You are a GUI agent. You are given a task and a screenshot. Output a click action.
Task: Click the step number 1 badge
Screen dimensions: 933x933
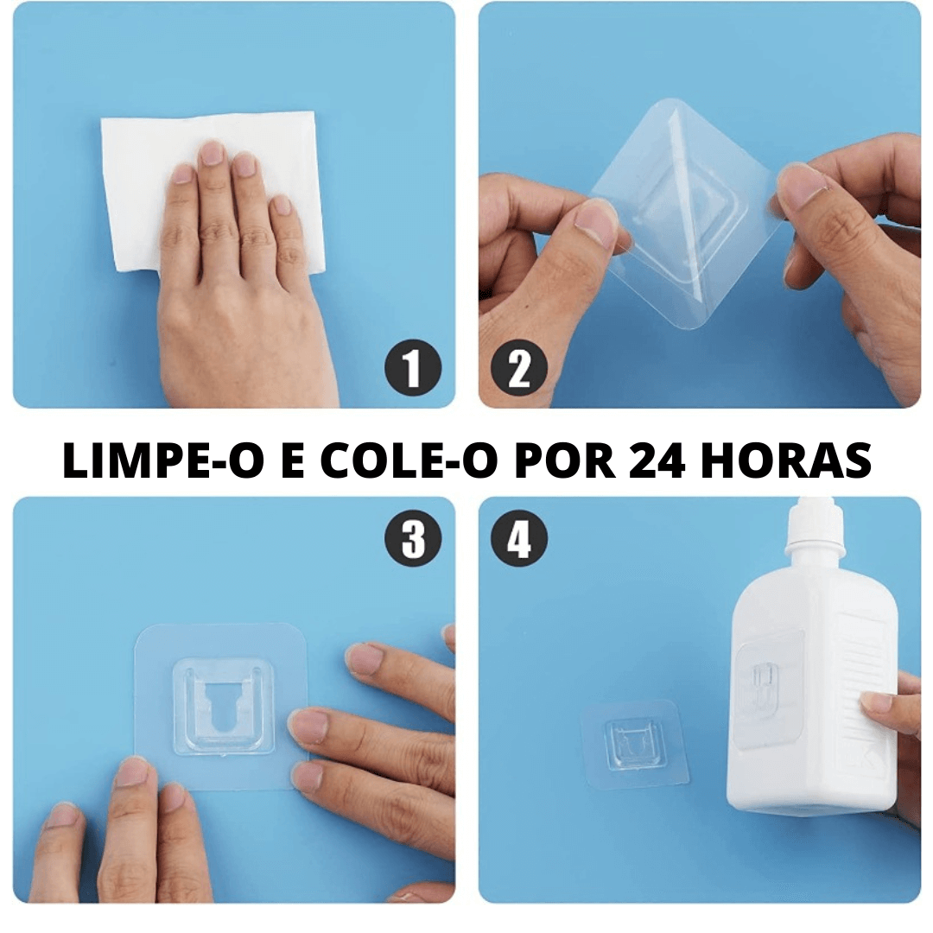tap(413, 369)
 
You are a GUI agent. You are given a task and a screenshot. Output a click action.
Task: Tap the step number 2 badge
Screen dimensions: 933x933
tap(519, 369)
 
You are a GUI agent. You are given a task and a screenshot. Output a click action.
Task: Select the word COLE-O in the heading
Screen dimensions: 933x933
tap(409, 462)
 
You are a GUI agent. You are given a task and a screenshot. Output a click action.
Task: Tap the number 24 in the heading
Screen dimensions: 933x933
tap(657, 462)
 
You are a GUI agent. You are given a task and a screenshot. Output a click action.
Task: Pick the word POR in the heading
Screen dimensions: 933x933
tap(566, 462)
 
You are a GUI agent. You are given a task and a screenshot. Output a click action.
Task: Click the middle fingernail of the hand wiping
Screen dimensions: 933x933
tap(212, 154)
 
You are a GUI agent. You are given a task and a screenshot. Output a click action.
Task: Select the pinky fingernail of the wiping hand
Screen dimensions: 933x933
tap(281, 206)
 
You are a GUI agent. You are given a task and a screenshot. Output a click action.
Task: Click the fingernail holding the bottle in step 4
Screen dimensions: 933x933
tap(875, 702)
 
